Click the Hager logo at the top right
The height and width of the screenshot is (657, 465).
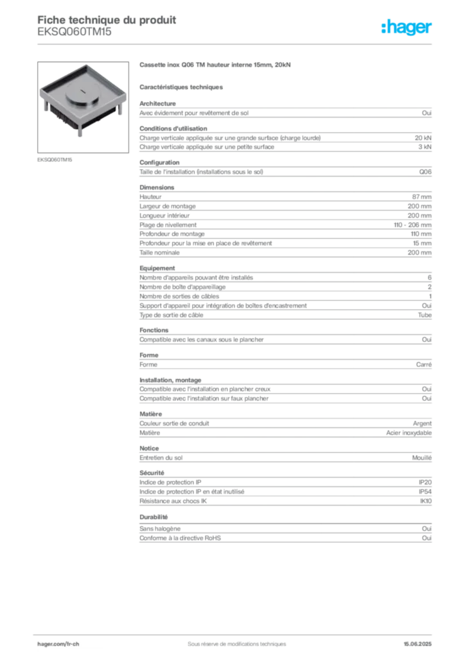pos(407,27)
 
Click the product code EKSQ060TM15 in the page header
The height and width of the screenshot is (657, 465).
pos(75,32)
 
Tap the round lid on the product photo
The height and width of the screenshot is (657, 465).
pos(83,92)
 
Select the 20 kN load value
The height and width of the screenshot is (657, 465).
pos(423,138)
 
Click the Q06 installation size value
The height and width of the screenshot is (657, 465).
pos(425,172)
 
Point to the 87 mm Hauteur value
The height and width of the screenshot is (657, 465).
pos(421,197)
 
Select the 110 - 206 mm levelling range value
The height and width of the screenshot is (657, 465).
pos(412,225)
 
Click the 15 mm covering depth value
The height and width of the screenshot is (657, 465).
pos(422,243)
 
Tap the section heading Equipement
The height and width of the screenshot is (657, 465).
pos(157,268)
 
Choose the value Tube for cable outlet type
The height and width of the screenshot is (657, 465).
pos(425,315)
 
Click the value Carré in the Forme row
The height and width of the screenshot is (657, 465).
pos(424,364)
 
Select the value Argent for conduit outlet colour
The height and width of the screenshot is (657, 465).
pos(422,423)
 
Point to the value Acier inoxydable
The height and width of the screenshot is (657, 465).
pos(409,433)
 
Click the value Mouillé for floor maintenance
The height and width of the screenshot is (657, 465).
pos(422,458)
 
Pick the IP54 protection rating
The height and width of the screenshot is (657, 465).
pos(425,492)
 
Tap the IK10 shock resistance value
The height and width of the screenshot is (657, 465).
pos(426,501)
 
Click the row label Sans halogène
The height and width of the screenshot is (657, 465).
pos(160,529)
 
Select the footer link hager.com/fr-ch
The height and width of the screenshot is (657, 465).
pos(58,644)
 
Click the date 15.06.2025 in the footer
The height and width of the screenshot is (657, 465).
pos(417,644)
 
